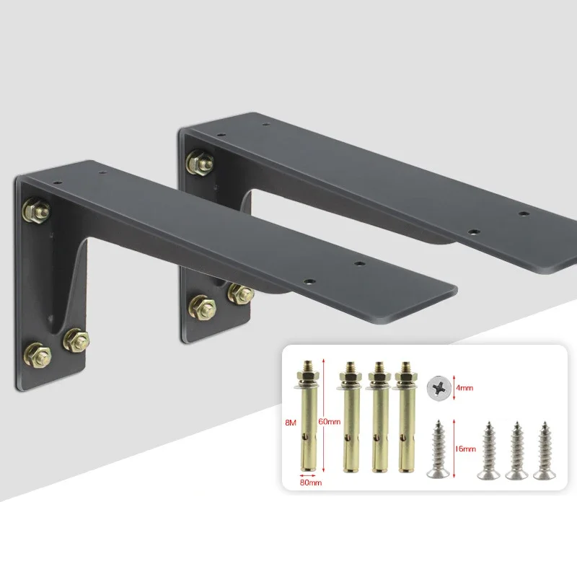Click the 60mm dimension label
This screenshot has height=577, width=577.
point(330,421)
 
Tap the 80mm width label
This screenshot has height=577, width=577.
point(311,483)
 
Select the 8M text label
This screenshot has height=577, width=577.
point(291,423)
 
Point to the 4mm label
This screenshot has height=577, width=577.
point(464,388)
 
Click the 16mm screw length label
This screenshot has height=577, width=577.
point(465,449)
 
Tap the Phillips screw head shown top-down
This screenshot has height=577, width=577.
point(439,389)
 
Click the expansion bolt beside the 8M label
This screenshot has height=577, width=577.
point(309,416)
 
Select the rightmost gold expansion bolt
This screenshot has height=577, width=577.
point(405,417)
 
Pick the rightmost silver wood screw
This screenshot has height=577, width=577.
point(545,451)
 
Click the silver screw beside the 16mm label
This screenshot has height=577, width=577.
point(439,449)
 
